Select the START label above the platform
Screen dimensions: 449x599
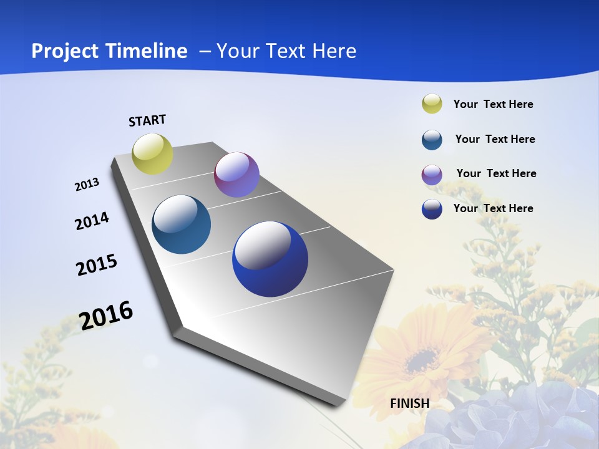point(147,120)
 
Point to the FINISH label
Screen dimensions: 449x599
point(410,403)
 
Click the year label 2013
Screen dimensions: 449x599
point(87,185)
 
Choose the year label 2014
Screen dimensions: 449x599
point(92,221)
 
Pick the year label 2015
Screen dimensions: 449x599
point(97,265)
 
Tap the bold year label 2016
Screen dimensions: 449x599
point(106,316)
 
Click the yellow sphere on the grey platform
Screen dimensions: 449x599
point(153,154)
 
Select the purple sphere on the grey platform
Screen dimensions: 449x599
point(236,175)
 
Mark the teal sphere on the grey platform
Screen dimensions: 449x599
point(182,224)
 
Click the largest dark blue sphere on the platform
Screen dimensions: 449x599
point(270,259)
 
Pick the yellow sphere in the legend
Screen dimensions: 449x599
point(432,104)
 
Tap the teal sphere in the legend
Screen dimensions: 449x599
point(432,140)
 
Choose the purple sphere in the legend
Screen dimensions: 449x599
point(432,175)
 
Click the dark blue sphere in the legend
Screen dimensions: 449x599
point(432,209)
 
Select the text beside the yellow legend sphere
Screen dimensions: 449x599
point(493,105)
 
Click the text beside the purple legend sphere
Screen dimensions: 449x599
point(496,173)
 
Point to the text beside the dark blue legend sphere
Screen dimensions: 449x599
point(493,208)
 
